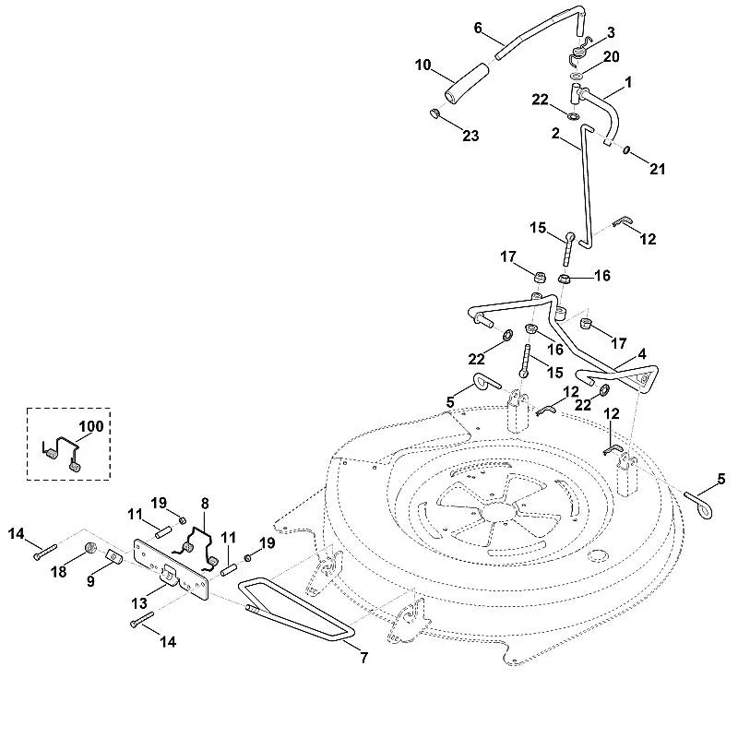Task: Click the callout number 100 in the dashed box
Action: tap(90, 426)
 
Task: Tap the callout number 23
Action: tap(470, 136)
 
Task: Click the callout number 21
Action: tap(657, 169)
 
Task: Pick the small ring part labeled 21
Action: tap(626, 149)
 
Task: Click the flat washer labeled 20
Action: tap(575, 77)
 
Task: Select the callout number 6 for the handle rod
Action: tap(478, 28)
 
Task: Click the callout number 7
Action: tap(364, 657)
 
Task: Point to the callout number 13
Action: tap(139, 603)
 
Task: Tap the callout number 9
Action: tap(90, 581)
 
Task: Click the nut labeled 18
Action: tap(90, 548)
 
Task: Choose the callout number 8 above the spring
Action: tap(205, 504)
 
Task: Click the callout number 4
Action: tap(642, 353)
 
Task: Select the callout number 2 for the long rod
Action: tap(555, 134)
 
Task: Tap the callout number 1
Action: tap(628, 82)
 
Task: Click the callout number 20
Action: tap(612, 56)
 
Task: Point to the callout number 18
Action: tap(59, 572)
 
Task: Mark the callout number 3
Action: tap(611, 32)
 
